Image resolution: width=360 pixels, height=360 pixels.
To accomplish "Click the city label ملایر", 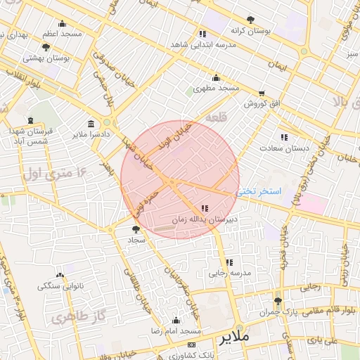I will (235, 337).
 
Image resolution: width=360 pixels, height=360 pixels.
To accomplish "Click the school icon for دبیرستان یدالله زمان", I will (205, 208).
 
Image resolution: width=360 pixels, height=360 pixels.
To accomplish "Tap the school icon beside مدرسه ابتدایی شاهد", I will (202, 34).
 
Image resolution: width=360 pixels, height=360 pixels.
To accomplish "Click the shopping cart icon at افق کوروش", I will (262, 93).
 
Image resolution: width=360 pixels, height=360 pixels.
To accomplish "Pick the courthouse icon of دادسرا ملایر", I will (91, 123).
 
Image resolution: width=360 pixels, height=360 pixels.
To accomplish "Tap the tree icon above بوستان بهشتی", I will (46, 47).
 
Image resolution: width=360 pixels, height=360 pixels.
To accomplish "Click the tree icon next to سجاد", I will (136, 229).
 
